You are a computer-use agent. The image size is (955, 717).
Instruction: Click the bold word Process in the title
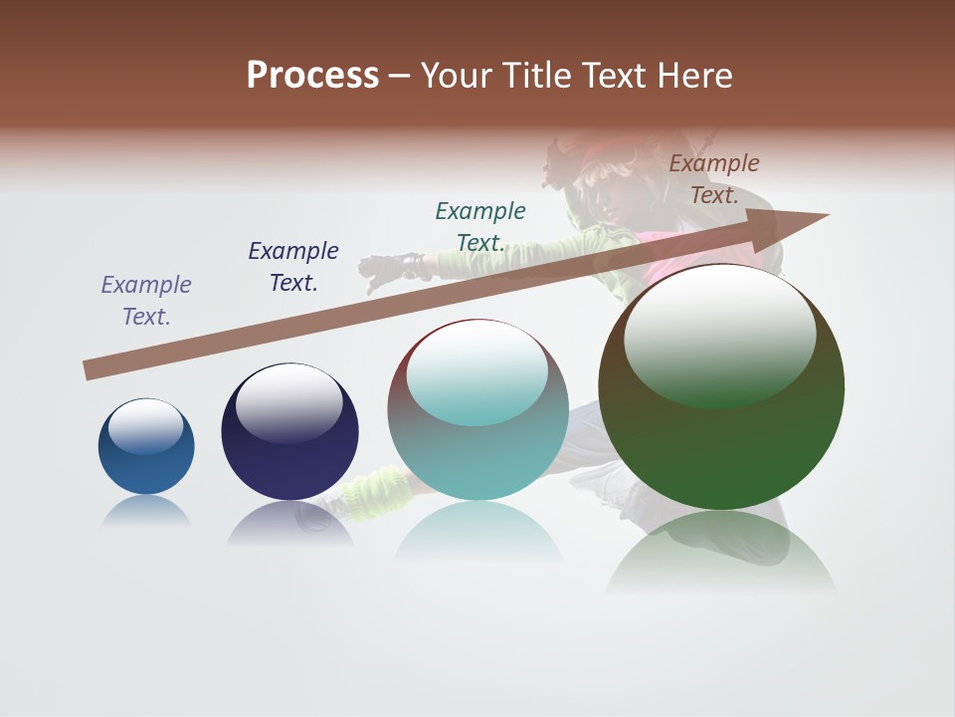(x=312, y=76)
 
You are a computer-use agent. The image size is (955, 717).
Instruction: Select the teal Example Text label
(x=480, y=227)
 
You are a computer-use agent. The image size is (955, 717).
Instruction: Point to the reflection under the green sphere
(x=721, y=553)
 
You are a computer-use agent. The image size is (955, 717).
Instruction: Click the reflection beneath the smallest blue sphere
(x=146, y=511)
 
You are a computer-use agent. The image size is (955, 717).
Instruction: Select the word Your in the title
(x=460, y=76)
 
